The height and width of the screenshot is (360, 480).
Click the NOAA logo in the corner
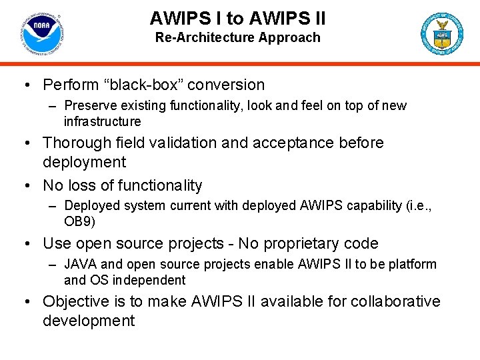click(41, 33)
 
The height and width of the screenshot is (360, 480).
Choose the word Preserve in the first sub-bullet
click(87, 105)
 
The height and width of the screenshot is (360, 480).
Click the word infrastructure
click(102, 121)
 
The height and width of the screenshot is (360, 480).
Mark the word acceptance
click(302, 143)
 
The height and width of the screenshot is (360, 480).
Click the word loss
click(85, 185)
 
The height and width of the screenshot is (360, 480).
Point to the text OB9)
click(78, 221)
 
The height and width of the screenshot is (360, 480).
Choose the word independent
click(149, 280)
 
